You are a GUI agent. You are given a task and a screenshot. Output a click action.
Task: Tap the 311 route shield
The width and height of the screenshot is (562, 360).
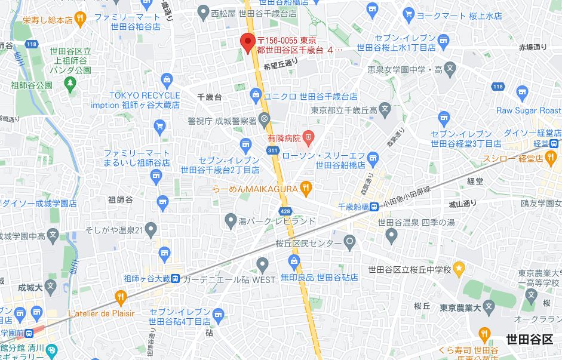(x=273, y=150)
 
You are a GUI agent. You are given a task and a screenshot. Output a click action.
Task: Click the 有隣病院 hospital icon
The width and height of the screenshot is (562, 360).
(x=308, y=138)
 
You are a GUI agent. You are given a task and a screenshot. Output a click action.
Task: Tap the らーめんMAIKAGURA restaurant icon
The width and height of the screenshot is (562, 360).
(x=305, y=189)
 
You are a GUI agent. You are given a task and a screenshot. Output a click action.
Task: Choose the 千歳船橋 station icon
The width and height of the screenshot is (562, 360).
(x=373, y=207)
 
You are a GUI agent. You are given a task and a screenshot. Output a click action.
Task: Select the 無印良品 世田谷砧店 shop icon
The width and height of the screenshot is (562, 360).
(x=293, y=261)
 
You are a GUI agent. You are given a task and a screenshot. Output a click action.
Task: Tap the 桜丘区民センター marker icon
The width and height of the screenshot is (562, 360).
(x=351, y=242)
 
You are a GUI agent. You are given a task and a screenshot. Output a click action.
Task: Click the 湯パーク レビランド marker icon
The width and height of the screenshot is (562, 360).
(x=231, y=221)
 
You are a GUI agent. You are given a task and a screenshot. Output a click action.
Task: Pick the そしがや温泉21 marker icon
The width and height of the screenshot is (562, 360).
(x=151, y=229)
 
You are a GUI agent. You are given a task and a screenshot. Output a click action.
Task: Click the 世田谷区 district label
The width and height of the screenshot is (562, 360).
(x=529, y=339)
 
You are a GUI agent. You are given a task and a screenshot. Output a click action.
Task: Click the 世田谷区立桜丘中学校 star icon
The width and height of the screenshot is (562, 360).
(x=459, y=269)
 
